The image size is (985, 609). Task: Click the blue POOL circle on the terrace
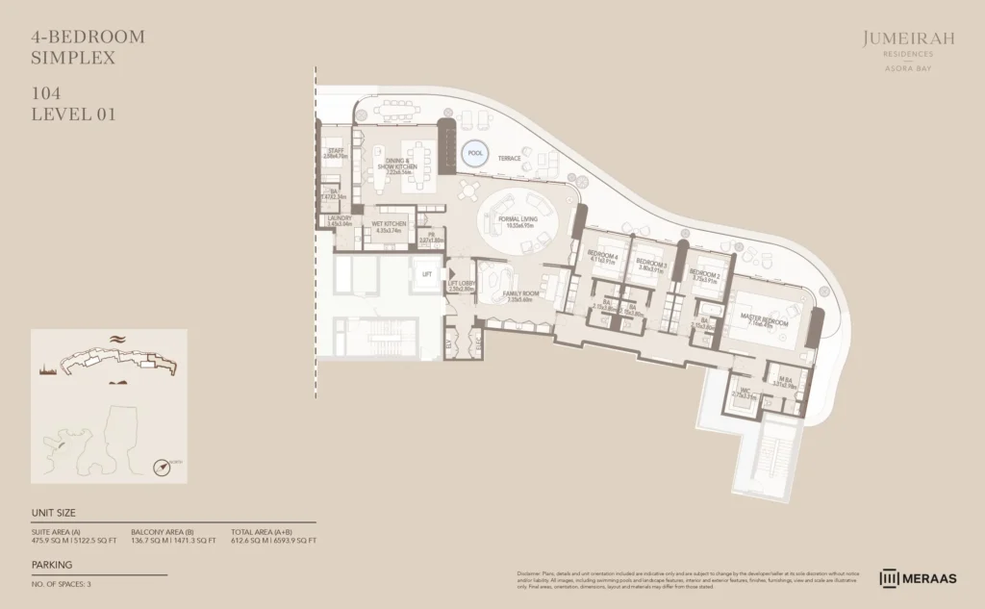point(473,152)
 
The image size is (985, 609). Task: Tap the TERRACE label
point(509,158)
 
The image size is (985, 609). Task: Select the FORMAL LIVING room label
point(518,220)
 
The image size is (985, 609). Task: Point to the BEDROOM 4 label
point(602,255)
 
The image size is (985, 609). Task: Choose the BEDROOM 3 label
point(651,263)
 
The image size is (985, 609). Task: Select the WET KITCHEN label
point(389,223)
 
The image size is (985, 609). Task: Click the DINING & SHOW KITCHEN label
point(396,164)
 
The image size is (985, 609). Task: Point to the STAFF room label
point(335,151)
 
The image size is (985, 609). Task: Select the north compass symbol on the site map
point(163,467)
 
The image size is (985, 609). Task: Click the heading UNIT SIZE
point(53,513)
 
